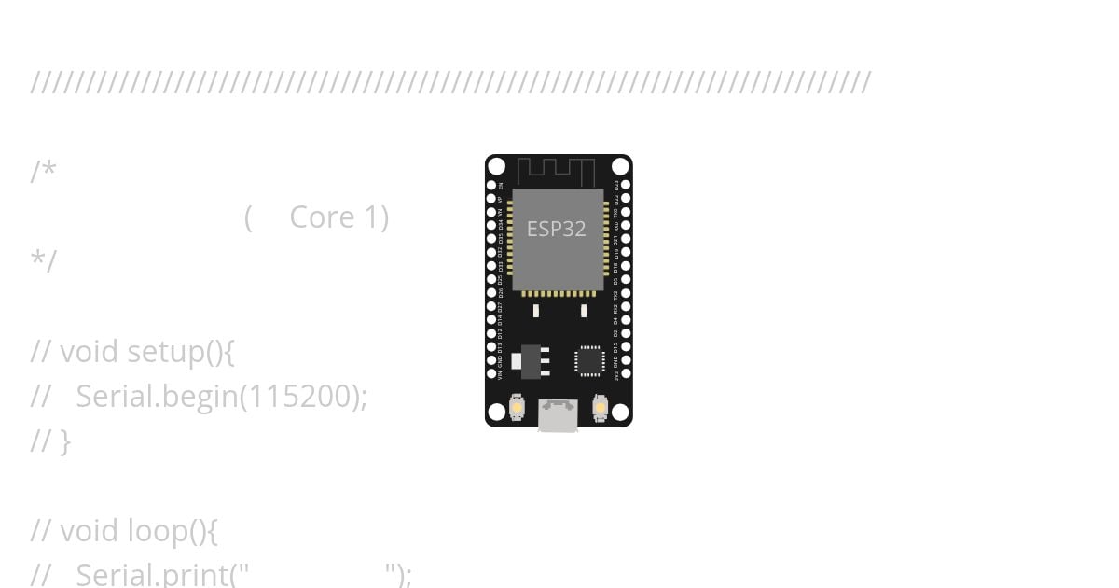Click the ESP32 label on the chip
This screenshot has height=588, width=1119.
click(x=557, y=229)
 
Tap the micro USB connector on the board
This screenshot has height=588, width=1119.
click(x=558, y=414)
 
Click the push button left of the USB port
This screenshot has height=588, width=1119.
click(x=517, y=408)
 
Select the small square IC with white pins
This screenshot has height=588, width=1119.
click(x=589, y=360)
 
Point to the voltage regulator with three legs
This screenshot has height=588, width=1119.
click(x=532, y=361)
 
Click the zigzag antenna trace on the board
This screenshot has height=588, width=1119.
click(x=557, y=172)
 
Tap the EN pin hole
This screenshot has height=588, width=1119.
click(x=491, y=186)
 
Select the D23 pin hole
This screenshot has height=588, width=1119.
click(x=626, y=186)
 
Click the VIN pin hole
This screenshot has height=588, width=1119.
click(x=491, y=373)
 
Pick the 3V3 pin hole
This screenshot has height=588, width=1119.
click(x=626, y=373)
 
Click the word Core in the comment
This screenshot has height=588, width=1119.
click(x=322, y=217)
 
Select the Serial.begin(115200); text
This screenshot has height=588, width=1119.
click(x=221, y=397)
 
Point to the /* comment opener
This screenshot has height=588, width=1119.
click(x=44, y=172)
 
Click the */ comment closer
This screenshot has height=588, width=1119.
click(x=44, y=261)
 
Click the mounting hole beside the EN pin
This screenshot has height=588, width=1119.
click(x=497, y=167)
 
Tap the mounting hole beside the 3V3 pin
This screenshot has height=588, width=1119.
click(x=620, y=412)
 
